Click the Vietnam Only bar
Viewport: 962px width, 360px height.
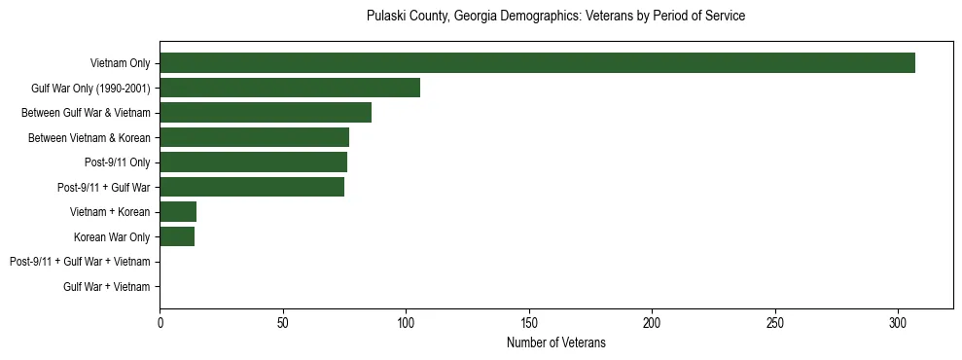coord(537,63)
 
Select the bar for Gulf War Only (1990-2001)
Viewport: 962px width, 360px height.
coord(290,88)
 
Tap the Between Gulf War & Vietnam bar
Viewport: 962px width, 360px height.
coord(266,113)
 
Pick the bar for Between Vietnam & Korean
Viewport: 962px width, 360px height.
coord(254,137)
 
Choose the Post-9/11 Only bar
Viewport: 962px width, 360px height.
coord(253,162)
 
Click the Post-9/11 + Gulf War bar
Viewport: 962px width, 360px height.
coord(252,187)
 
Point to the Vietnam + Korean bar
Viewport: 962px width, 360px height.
coord(178,212)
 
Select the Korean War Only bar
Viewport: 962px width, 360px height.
coord(177,236)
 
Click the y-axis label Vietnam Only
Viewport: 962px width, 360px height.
coord(120,63)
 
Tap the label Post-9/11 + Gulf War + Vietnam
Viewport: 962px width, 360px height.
coord(80,262)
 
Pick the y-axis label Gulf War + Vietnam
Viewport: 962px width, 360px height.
coord(107,286)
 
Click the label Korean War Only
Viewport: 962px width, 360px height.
coord(112,236)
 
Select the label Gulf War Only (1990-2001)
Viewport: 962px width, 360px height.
coord(90,88)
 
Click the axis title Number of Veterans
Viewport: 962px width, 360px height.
coord(556,342)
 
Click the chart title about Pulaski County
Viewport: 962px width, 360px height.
coord(556,17)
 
